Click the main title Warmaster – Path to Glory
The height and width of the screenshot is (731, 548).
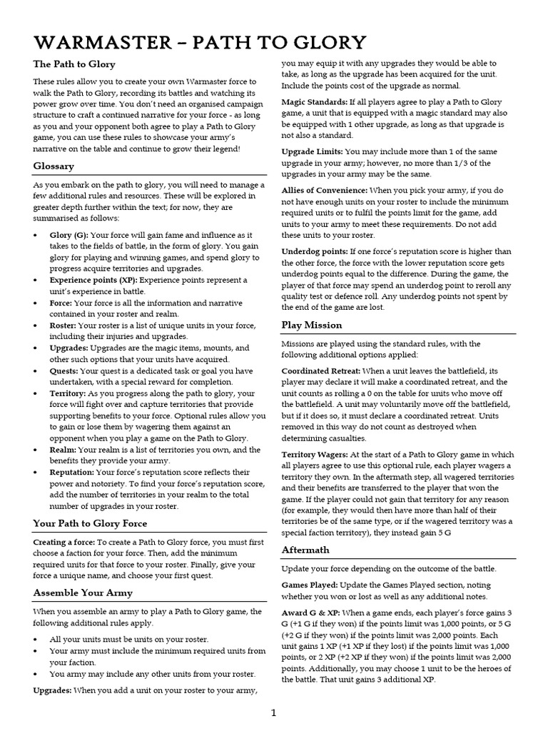200,42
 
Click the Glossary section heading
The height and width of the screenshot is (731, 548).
54,166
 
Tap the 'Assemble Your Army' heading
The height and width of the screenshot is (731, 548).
83,593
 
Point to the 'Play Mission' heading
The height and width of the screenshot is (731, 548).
312,325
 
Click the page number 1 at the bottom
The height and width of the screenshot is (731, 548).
274,712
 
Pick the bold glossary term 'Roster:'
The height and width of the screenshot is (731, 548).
64,326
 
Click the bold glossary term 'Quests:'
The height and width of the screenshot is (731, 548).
64,370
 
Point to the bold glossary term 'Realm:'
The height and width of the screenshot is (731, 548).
63,450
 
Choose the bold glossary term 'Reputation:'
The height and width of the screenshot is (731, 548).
72,472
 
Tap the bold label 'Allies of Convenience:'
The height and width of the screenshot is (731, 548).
325,191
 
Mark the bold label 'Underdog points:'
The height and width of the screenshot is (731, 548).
315,251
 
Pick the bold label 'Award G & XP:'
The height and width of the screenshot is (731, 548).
310,611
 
